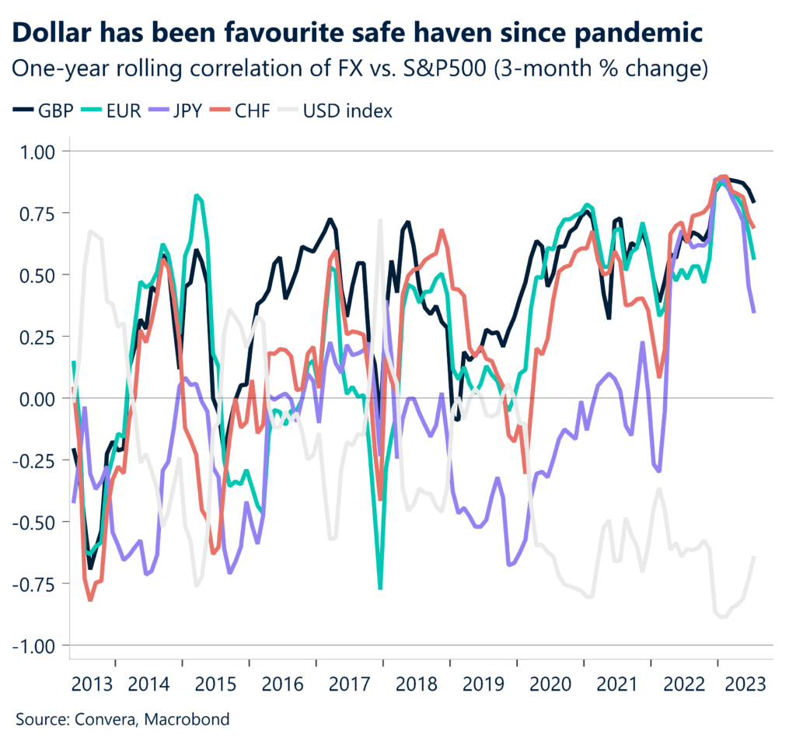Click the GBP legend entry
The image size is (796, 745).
(47, 110)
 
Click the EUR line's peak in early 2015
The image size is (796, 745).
(197, 195)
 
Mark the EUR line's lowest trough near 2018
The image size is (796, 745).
(380, 589)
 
